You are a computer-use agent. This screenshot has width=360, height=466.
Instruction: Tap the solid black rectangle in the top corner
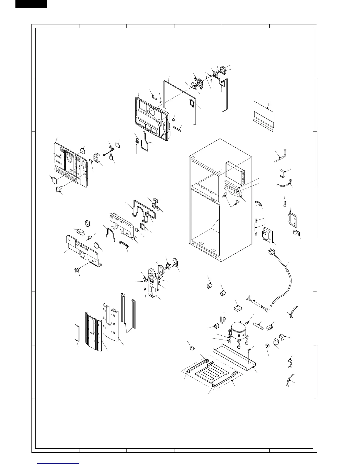tap(31, 4)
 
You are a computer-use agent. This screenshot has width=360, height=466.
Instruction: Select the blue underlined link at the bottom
tap(59, 464)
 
